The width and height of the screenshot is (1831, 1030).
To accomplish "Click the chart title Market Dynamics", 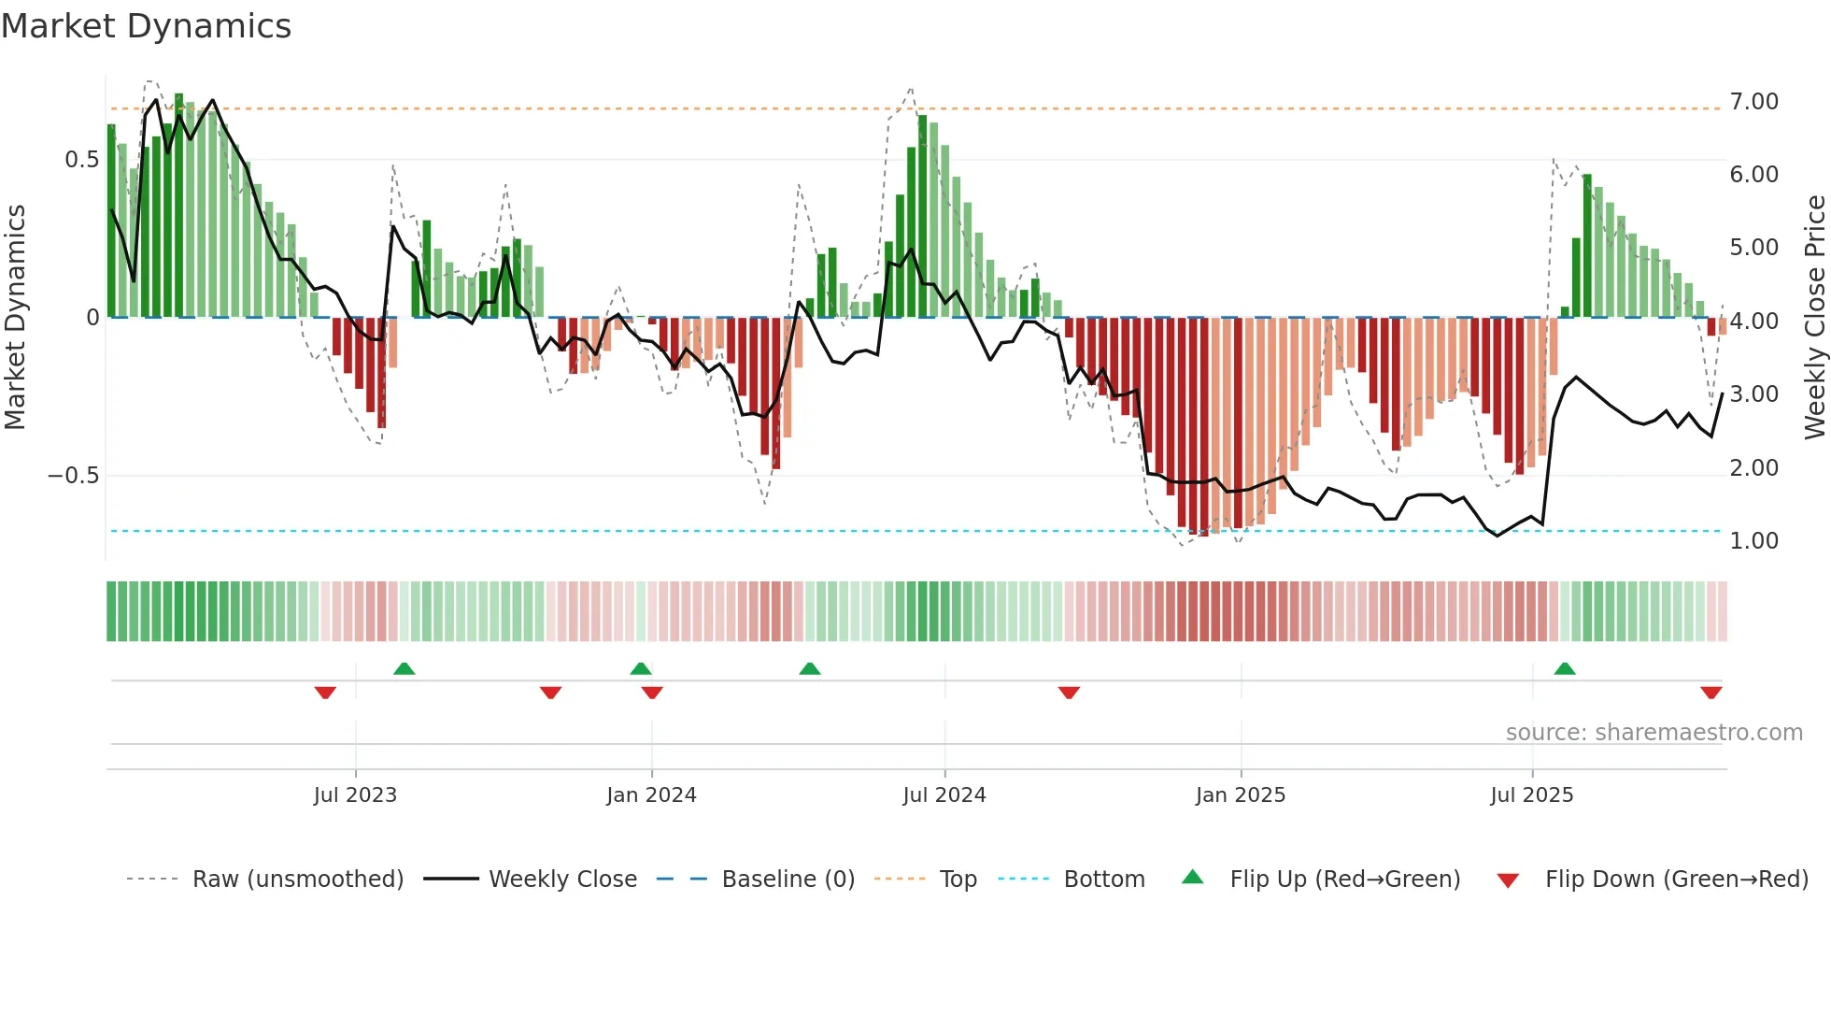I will coord(147,26).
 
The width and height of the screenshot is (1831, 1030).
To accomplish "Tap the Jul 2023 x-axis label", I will coord(355,795).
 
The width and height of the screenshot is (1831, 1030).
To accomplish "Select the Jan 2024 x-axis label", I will coord(651,795).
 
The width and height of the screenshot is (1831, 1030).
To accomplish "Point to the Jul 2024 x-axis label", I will coord(944,795).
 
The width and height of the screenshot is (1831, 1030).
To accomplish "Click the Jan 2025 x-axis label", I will coord(1241,795).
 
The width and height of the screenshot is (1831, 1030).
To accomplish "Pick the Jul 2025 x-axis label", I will coord(1532,795).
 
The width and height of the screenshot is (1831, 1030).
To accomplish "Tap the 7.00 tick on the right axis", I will coord(1753,102).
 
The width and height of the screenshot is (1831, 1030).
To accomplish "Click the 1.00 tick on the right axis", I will coord(1753,541).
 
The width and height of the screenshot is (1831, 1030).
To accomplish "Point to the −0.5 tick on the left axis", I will coord(74,476).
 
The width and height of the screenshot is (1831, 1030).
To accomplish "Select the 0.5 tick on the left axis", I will coord(82,160).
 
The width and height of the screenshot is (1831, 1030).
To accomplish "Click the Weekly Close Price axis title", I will coord(1814,317).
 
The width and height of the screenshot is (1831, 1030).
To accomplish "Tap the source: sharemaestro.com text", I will coord(1654,733).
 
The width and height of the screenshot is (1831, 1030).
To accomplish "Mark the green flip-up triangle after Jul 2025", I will coord(1565,669).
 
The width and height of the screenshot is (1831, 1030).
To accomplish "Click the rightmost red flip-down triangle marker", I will coord(1711,693).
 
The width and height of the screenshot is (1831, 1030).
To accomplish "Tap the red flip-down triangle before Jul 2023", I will coord(325,693).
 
